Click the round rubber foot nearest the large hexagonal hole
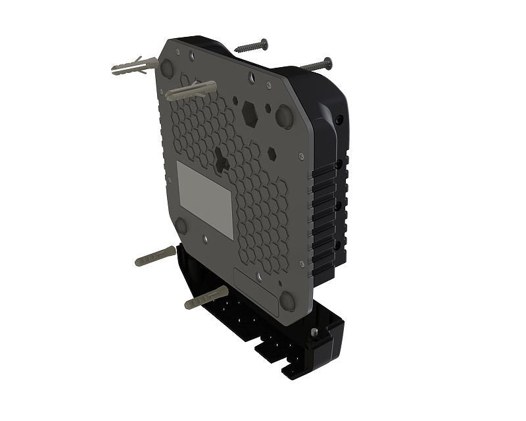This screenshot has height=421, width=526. pos(283,116)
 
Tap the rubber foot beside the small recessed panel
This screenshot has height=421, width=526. pos(288,301)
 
